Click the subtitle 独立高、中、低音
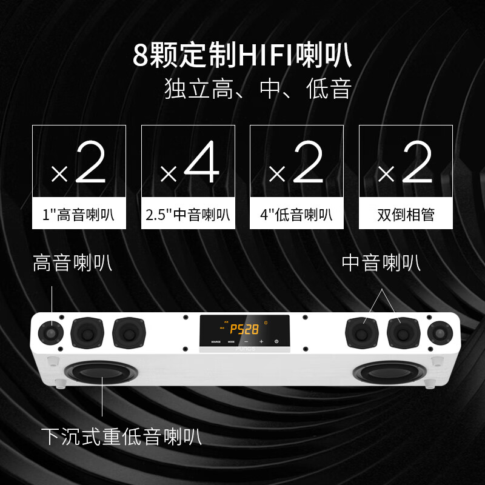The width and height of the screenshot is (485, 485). (258, 90)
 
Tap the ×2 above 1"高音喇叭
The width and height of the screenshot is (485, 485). (79, 164)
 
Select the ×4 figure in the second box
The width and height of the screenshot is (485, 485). (188, 164)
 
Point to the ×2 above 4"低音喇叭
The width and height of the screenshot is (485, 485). (296, 164)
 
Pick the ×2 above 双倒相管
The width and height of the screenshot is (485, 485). (406, 164)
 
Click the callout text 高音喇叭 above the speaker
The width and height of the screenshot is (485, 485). (72, 264)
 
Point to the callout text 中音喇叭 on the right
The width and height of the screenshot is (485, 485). (381, 264)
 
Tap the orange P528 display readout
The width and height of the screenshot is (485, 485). (245, 329)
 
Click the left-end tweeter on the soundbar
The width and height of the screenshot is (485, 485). (52, 332)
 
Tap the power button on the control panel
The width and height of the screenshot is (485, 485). (276, 341)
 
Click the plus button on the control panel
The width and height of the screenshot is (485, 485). (261, 341)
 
